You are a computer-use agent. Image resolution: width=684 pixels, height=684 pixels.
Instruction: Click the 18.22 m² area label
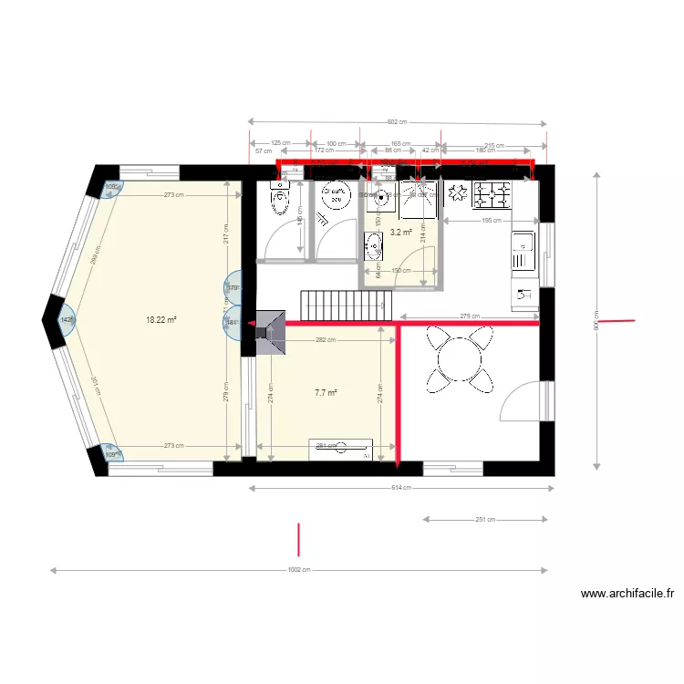161,320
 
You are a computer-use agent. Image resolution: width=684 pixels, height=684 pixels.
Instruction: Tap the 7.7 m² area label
326,393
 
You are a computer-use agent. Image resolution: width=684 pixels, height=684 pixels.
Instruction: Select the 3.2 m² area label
400,233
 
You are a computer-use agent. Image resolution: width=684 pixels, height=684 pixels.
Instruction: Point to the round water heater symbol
337,192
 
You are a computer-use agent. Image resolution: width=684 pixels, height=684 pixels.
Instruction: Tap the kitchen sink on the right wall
523,244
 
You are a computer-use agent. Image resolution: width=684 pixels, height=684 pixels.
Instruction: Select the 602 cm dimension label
397,122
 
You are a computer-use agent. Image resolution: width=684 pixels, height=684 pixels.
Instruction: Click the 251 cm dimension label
484,520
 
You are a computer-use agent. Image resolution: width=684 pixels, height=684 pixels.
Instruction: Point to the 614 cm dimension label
401,488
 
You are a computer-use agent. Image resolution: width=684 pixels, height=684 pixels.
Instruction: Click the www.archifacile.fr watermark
627,594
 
